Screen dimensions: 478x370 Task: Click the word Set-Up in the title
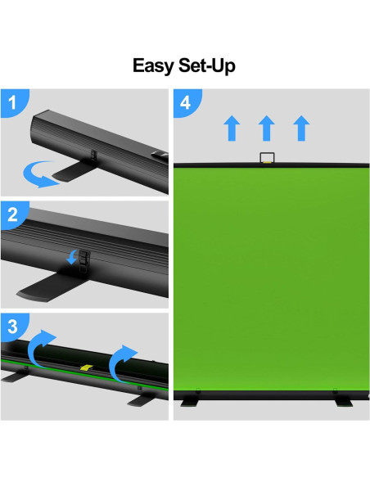tap(206, 66)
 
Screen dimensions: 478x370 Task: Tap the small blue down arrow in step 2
tap(72, 258)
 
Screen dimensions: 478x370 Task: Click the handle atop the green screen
tap(267, 158)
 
